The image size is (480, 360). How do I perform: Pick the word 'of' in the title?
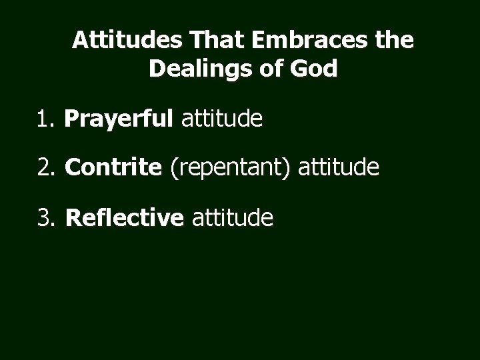point(272,69)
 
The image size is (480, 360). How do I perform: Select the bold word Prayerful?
point(119,121)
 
